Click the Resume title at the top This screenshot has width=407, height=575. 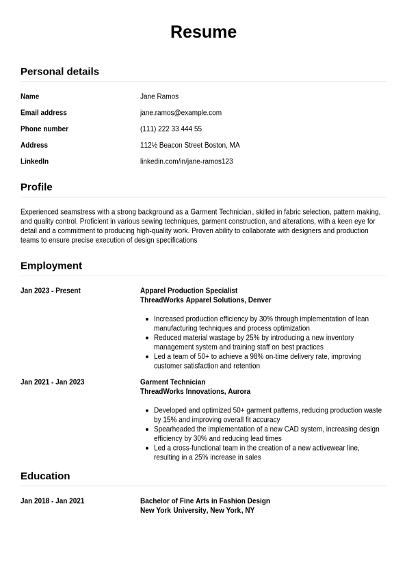pos(203,32)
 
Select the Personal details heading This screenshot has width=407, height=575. pos(60,71)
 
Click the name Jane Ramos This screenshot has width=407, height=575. pos(159,96)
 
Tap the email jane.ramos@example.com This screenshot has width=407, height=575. pos(181,113)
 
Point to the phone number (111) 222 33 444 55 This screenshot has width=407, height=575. pos(171,129)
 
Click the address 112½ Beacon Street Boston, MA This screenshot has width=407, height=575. pos(189,145)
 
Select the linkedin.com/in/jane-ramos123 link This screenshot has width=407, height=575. pos(186,161)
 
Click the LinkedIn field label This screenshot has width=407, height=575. pos(34,161)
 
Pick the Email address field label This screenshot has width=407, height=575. pos(44,113)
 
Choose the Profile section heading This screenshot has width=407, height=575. pos(36,187)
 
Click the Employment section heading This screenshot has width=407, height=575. pos(51,265)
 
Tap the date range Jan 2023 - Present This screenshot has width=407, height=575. pos(51,291)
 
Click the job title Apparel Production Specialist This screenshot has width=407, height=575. pos(189,291)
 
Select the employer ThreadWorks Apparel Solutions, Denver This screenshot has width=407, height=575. pos(205,300)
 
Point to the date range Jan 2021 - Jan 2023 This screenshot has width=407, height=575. pos(53,382)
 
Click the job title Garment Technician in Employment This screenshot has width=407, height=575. pos(172,382)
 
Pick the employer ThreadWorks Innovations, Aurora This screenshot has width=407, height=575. pos(195,392)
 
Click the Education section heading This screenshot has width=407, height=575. pos(45,476)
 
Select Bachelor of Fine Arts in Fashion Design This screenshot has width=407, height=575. pos(205,501)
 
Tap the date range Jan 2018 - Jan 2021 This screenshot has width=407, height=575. pos(53,501)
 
